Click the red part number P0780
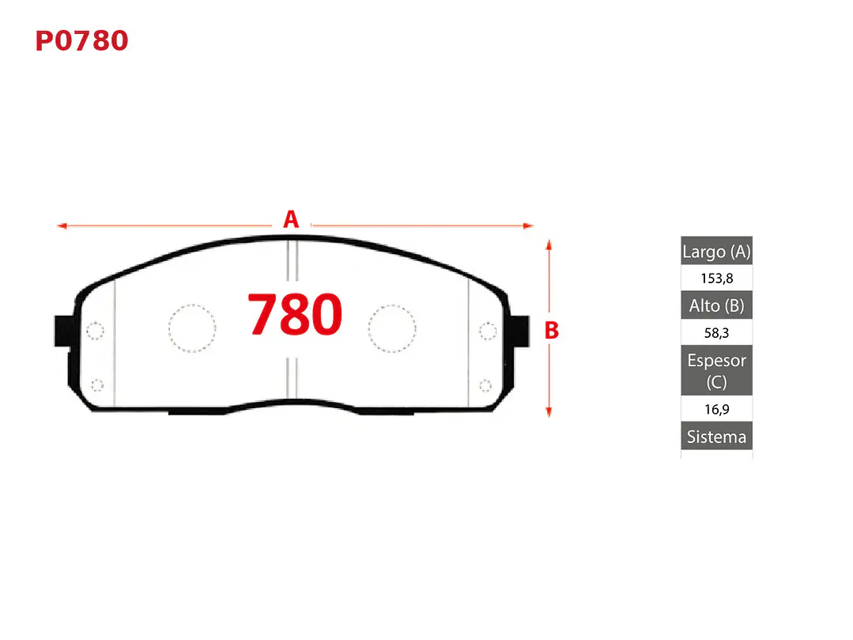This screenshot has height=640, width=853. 81,41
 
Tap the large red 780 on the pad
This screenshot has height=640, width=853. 295,314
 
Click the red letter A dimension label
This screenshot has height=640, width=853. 291,219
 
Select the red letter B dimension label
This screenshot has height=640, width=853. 552,331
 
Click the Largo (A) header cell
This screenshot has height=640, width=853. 716,251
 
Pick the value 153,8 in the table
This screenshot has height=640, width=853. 716,278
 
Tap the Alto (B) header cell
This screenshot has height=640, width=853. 716,305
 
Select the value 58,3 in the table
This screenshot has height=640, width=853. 716,332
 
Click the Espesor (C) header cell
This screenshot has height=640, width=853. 716,370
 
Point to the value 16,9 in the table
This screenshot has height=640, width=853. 716,409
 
